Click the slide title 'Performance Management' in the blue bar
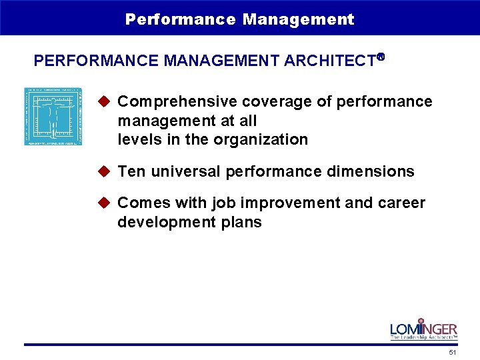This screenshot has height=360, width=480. [239, 19]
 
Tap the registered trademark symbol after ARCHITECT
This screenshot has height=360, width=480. [381, 57]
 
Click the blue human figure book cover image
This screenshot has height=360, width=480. [53, 116]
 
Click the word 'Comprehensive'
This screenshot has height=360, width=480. [177, 102]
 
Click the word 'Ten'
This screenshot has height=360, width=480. [132, 172]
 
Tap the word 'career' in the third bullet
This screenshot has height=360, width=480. [404, 203]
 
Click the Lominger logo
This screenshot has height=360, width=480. [423, 329]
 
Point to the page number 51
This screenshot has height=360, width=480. [453, 352]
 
